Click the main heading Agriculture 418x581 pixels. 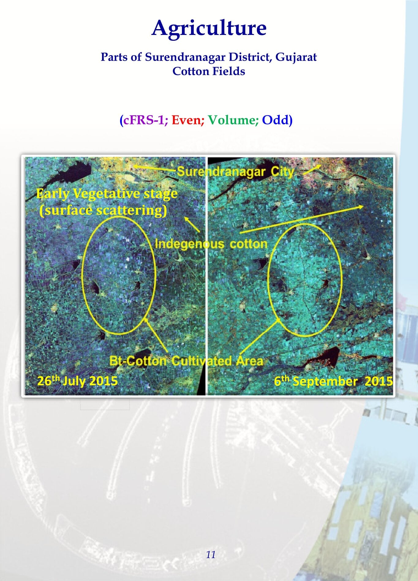click(209, 28)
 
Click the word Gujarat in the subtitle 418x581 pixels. click(296, 58)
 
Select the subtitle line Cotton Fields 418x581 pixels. click(209, 71)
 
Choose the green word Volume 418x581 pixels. click(233, 120)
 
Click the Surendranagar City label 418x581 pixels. click(235, 172)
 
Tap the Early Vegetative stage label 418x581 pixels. click(107, 194)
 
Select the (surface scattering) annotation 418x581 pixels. click(103, 210)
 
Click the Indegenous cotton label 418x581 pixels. click(211, 244)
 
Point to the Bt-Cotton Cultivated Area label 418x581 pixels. click(186, 361)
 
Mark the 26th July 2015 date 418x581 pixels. click(77, 381)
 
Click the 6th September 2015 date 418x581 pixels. click(333, 381)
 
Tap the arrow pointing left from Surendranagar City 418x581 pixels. click(154, 168)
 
